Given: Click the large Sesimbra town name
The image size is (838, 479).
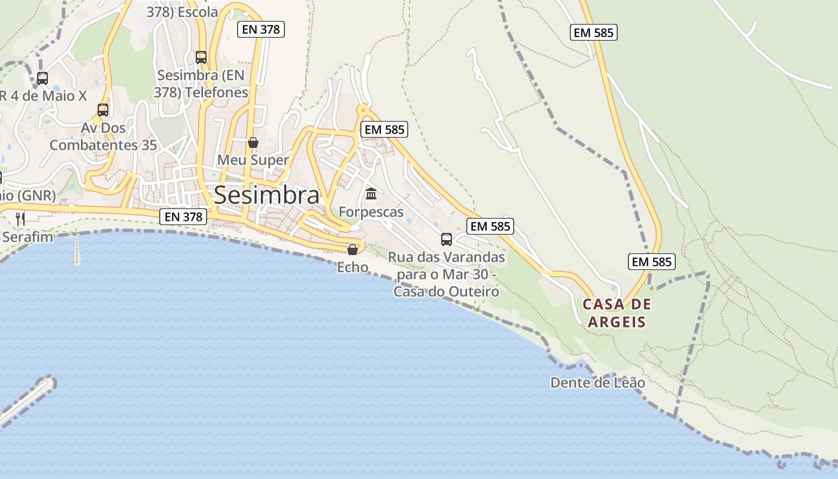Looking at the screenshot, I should click(266, 195).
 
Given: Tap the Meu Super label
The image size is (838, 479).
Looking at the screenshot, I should click(253, 160).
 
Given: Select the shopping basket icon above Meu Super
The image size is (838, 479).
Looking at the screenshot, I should click(253, 143).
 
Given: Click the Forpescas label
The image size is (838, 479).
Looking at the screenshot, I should click(371, 212).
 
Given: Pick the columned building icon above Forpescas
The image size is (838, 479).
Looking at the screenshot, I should click(371, 194).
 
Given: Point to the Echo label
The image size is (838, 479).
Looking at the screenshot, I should click(353, 267).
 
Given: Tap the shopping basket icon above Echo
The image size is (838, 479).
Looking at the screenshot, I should click(353, 249).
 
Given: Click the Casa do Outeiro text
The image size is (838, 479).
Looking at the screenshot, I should click(447, 292).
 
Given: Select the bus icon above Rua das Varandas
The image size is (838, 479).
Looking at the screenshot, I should click(447, 239).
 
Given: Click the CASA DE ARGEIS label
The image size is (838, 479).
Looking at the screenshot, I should click(617, 313).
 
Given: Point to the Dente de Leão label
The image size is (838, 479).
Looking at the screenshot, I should click(597, 383).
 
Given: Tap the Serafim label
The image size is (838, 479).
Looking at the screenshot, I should click(28, 237).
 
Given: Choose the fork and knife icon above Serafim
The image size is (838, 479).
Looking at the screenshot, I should click(21, 219).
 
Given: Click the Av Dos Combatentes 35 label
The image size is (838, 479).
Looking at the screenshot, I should click(103, 137).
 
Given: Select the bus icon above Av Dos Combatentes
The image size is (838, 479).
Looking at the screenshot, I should click(103, 110).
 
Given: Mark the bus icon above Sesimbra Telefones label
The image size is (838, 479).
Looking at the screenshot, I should click(201, 57).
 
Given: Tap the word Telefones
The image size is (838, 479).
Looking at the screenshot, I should click(217, 93).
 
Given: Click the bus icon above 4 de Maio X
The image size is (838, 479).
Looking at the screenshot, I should click(42, 78).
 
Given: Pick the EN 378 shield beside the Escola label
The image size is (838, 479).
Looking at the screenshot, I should click(260, 29).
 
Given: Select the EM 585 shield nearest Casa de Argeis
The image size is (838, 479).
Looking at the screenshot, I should click(652, 262).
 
